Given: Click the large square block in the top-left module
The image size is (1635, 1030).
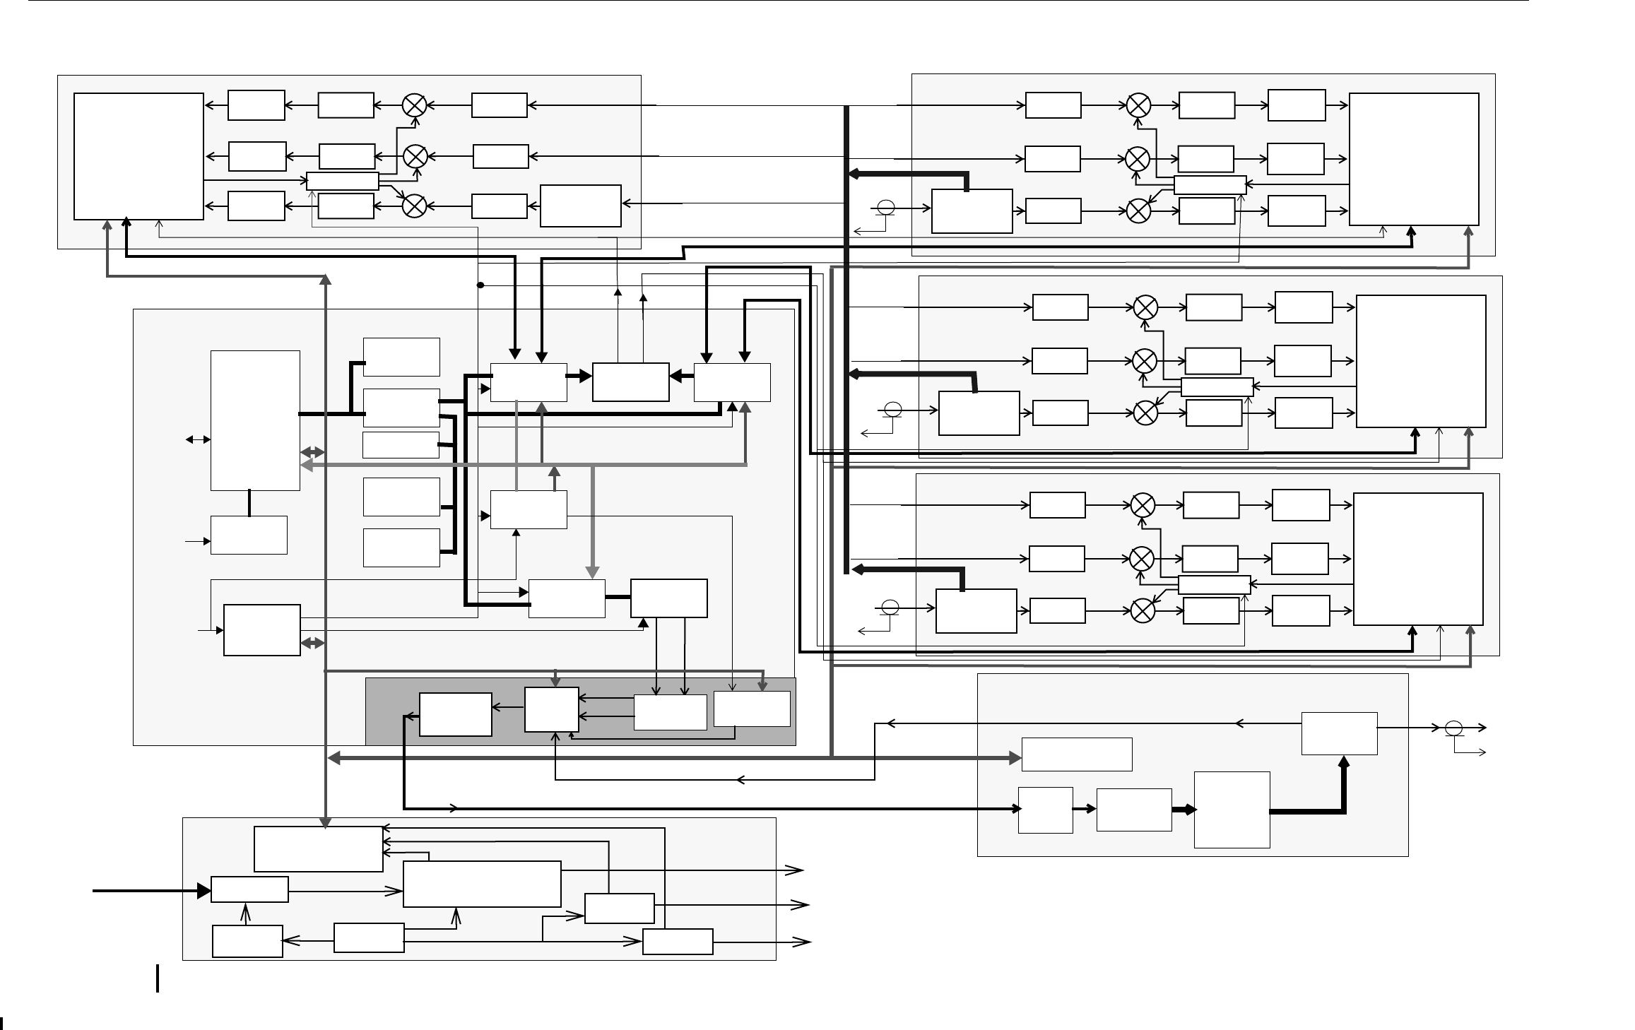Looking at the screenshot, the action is [x=138, y=156].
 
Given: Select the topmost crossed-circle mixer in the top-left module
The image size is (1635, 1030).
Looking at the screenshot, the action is [x=414, y=105].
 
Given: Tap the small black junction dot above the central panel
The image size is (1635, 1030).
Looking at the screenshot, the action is [x=480, y=285].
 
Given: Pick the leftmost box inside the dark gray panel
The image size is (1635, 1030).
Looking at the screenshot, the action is [x=456, y=714].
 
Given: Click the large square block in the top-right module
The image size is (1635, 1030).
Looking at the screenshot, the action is [x=1414, y=159].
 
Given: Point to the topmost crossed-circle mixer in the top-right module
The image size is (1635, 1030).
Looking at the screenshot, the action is [x=1138, y=105].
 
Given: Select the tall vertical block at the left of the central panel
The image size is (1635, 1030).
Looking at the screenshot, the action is [x=255, y=420].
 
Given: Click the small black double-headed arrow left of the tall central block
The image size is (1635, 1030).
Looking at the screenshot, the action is [x=198, y=439].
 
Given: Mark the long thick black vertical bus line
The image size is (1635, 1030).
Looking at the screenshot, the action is [x=846, y=339].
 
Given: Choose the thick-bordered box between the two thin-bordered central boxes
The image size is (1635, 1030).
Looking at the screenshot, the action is [x=631, y=382].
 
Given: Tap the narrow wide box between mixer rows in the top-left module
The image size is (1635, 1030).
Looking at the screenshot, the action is [x=343, y=181].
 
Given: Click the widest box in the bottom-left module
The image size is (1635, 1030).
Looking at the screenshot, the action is [x=482, y=884].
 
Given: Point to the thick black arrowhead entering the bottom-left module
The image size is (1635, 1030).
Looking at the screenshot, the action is [x=203, y=890].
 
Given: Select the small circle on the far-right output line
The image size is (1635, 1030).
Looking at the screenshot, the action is [x=1453, y=727].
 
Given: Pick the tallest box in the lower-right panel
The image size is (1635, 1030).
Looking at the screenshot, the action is [x=1232, y=810].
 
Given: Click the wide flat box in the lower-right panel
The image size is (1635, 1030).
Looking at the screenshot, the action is [x=1077, y=754].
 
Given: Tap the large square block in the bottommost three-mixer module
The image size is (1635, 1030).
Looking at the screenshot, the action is [x=1418, y=559].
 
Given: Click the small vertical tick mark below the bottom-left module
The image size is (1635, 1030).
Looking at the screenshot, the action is [x=157, y=978].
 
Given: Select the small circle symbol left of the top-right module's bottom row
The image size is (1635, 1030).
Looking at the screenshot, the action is [x=885, y=208].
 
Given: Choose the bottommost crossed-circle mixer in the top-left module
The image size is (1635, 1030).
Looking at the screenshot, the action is [x=414, y=206].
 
